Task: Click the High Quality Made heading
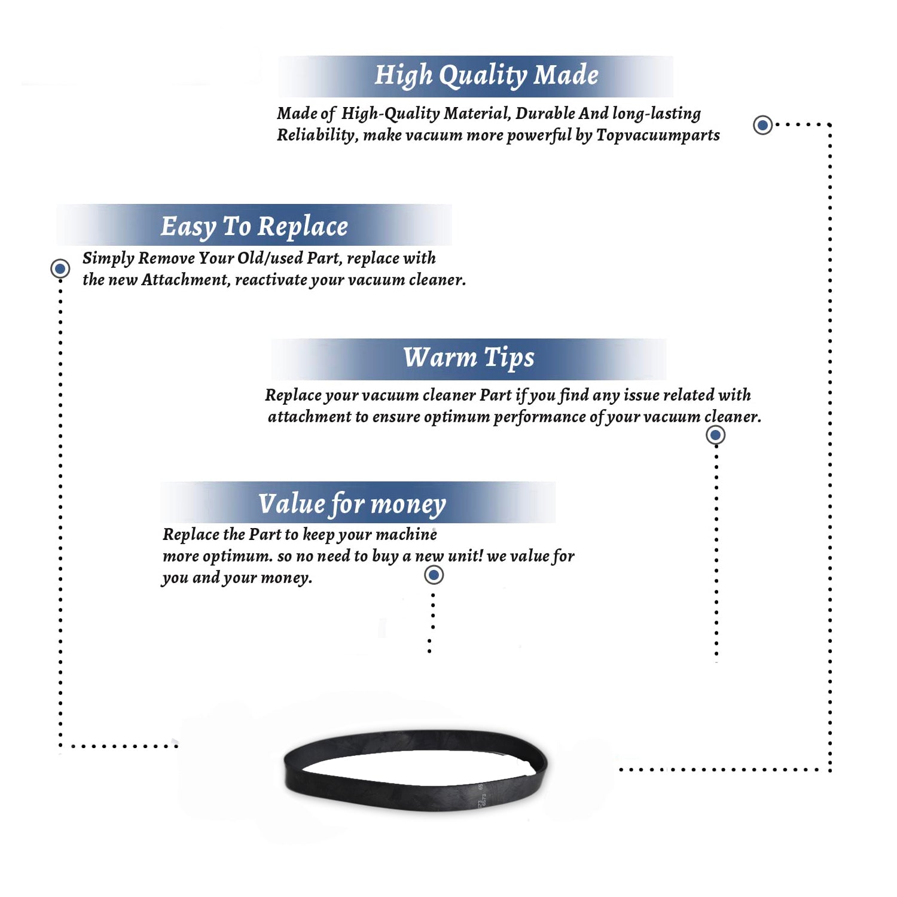[x=486, y=76]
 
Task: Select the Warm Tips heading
[x=468, y=358]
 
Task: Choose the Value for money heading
[x=352, y=504]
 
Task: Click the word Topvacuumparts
[x=658, y=136]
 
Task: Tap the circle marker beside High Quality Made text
[x=762, y=125]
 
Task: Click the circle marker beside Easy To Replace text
[x=60, y=269]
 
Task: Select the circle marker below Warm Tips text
[x=716, y=435]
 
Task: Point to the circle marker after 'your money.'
[x=434, y=575]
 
